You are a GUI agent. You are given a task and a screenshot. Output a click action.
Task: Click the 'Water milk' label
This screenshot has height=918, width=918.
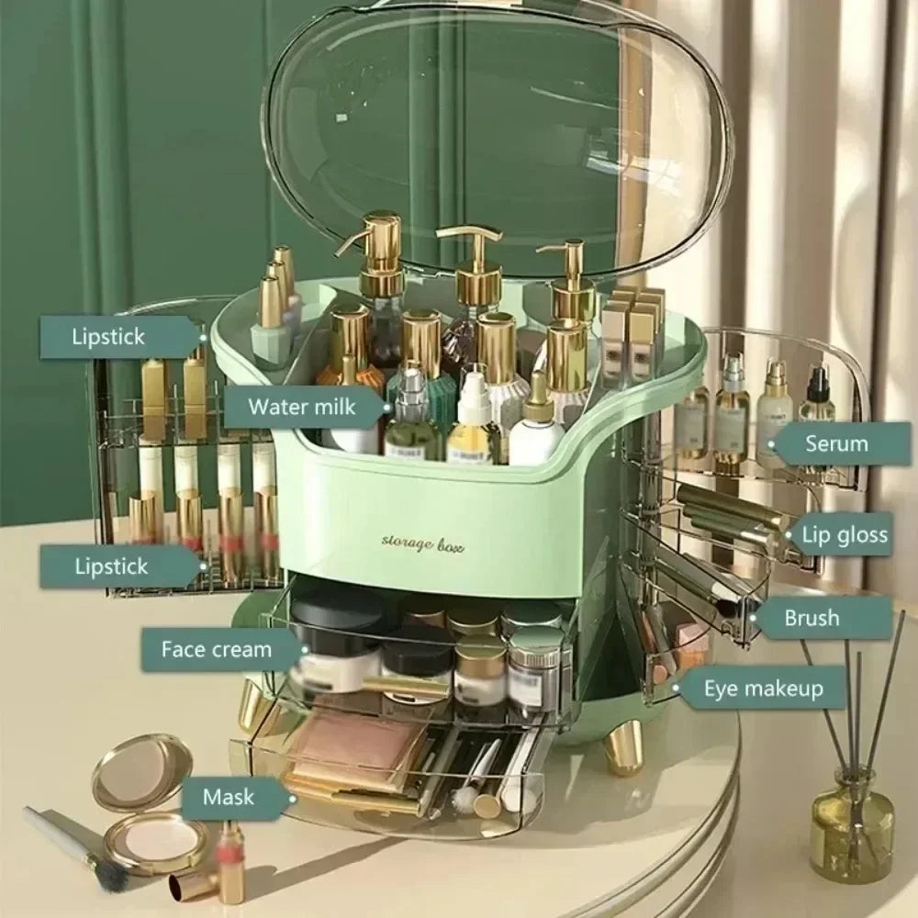(302, 405)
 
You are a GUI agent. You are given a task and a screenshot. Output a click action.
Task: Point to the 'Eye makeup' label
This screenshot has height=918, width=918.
(762, 688)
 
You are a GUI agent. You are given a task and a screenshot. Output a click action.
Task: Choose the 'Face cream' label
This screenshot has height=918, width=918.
(217, 650)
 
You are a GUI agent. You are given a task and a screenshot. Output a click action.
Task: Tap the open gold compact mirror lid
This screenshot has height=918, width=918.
(142, 769)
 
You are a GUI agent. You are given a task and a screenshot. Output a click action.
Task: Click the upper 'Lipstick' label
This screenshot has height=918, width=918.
(109, 336)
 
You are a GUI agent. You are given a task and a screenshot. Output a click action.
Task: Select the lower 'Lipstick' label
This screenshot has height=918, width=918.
(110, 565)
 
